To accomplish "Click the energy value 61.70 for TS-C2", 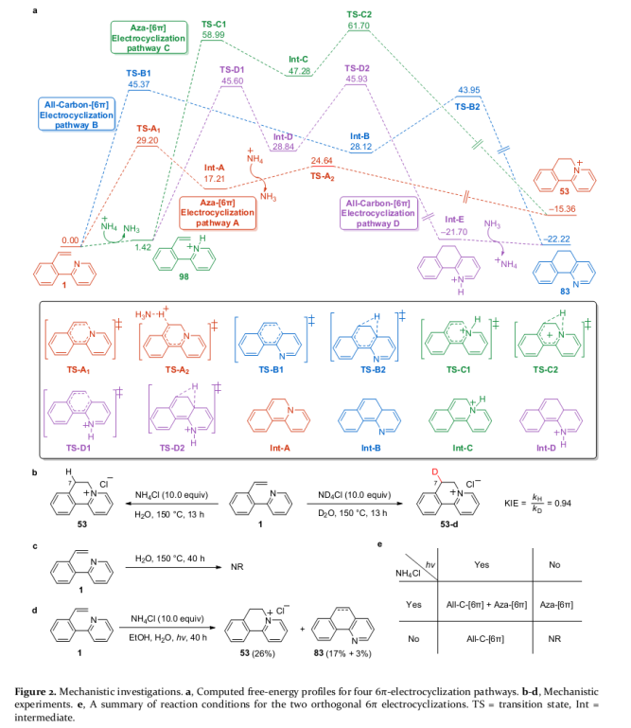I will point(359,26).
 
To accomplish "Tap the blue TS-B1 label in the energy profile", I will point(139,73).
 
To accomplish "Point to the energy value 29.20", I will point(147,139).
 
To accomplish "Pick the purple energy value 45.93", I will point(357,79).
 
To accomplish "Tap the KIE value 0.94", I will point(589,526).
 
